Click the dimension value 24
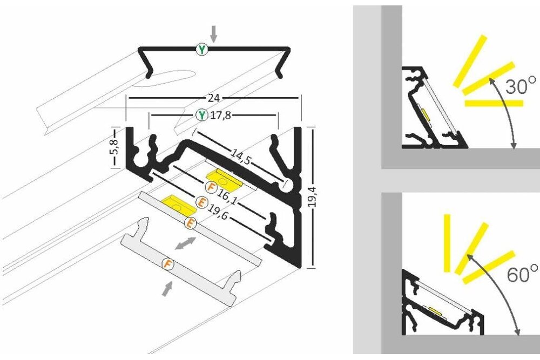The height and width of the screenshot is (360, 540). pyautogui.click(x=214, y=98)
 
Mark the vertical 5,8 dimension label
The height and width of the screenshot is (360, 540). pyautogui.click(x=113, y=148)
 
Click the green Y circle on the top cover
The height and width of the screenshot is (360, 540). pyautogui.click(x=201, y=50)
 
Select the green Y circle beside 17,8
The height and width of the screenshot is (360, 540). pyautogui.click(x=201, y=115)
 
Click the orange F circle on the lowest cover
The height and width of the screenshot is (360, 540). pyautogui.click(x=168, y=264)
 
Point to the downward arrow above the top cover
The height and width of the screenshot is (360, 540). pyautogui.click(x=214, y=33)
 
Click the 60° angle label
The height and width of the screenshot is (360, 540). pyautogui.click(x=522, y=273)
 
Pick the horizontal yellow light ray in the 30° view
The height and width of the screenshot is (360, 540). pyautogui.click(x=494, y=102)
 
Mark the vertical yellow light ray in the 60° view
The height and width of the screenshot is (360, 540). pyautogui.click(x=447, y=243)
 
